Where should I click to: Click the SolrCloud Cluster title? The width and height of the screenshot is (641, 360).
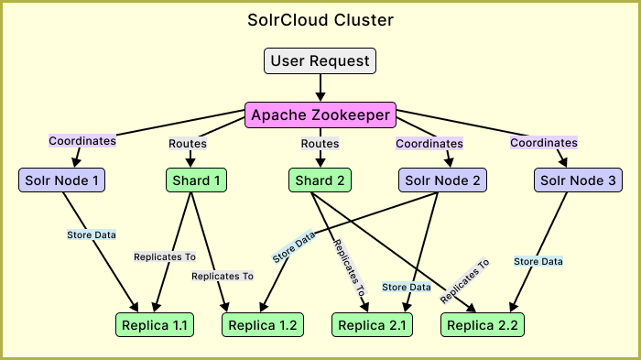[x=320, y=19]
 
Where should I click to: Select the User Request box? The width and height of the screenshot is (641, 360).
[x=320, y=61]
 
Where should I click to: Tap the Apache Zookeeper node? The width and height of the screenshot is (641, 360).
[x=320, y=115]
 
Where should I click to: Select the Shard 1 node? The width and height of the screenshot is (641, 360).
[x=195, y=180]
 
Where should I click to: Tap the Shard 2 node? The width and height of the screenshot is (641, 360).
[x=320, y=180]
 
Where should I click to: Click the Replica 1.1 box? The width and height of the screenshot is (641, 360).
[x=154, y=324]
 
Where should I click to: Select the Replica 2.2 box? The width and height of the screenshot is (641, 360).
[x=483, y=324]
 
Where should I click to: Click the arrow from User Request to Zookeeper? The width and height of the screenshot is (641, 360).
[x=320, y=87]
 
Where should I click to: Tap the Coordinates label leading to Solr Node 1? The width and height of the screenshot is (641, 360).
[x=82, y=141]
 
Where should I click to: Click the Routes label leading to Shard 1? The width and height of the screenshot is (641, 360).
[x=188, y=143]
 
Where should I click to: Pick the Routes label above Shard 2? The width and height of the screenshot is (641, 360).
[x=320, y=143]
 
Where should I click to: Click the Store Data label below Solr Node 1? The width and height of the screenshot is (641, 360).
[x=92, y=235]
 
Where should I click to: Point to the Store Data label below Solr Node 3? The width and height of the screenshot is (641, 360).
[x=538, y=261]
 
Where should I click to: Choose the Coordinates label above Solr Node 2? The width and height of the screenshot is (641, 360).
[x=429, y=143]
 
